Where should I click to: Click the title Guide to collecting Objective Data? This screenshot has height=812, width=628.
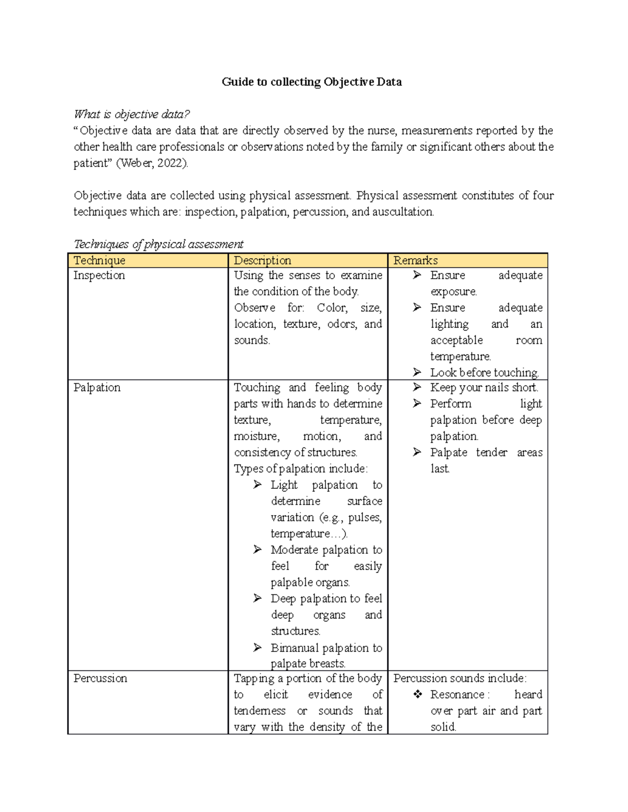tap(311, 82)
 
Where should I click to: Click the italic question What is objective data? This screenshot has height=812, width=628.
tap(131, 114)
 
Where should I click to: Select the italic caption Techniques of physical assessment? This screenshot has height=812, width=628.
tap(158, 244)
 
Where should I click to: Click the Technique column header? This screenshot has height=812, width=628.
tap(99, 260)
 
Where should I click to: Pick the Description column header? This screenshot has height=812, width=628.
tap(262, 260)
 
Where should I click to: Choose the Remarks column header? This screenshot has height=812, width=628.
tap(416, 260)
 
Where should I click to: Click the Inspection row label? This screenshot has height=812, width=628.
tap(99, 276)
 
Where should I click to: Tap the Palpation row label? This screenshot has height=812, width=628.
tap(97, 387)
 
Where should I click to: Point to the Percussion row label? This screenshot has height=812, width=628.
tap(100, 678)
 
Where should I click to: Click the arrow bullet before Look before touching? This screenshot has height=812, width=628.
tap(417, 372)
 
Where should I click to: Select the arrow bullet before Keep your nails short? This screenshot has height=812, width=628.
tap(417, 387)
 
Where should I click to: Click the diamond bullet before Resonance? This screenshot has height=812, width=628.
tap(418, 694)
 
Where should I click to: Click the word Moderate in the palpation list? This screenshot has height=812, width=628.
tap(294, 550)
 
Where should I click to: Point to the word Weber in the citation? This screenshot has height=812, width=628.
tap(134, 163)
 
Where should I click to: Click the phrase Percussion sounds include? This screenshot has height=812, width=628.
tap(460, 678)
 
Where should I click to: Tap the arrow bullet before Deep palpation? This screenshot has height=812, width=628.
tap(257, 598)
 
